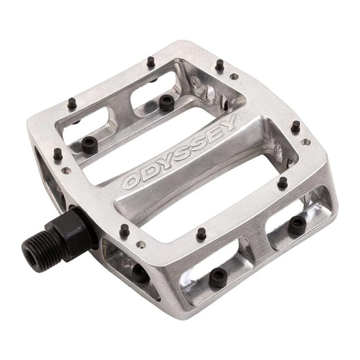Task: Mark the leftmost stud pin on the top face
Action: (58, 154)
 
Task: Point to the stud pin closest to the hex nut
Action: (125, 230)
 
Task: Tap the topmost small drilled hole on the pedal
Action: (234, 76)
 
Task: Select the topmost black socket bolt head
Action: (166, 103)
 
